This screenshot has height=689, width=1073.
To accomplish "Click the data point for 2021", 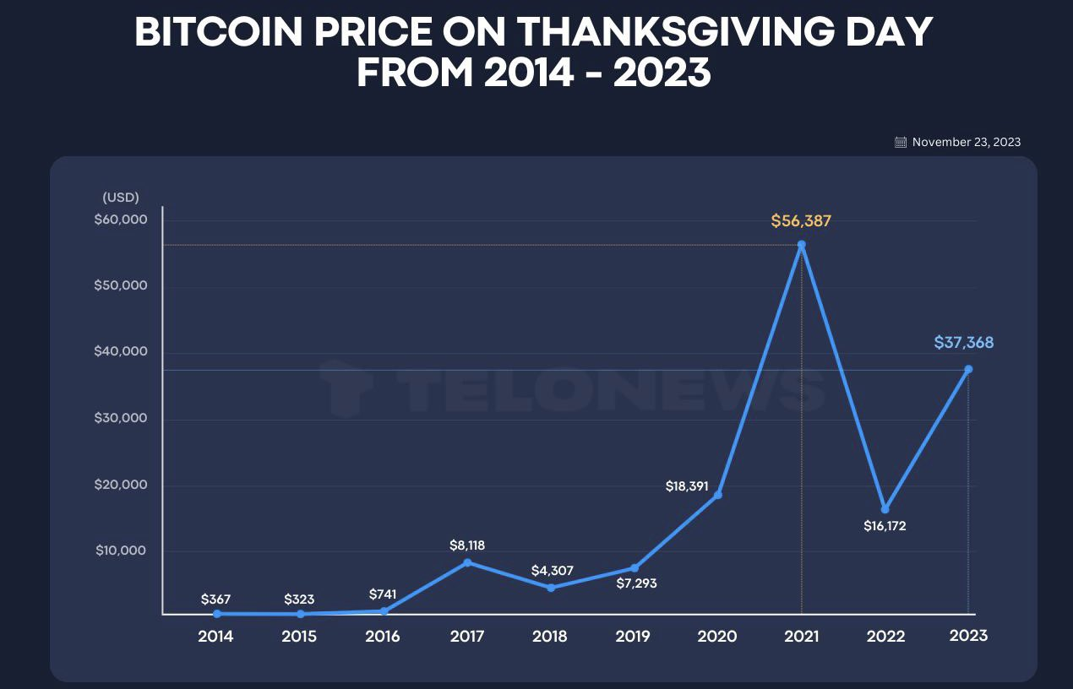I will [x=801, y=245].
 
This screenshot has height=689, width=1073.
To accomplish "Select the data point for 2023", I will [x=968, y=369].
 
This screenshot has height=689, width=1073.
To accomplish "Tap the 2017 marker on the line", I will [x=467, y=562].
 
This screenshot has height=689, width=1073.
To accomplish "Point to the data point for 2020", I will [x=718, y=495].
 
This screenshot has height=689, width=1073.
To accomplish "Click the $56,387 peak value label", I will [x=801, y=221].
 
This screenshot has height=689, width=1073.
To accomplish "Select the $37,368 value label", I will [x=963, y=343].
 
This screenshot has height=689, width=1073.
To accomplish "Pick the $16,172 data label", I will [x=885, y=526].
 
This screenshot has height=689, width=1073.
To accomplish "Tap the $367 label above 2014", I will [x=216, y=599].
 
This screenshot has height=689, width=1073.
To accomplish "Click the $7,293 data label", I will [x=635, y=583].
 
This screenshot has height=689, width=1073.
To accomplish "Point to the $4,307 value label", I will [x=552, y=571].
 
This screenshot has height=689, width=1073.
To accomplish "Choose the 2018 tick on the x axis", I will [x=550, y=637].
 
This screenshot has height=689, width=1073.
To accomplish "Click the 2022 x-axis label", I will [x=885, y=637].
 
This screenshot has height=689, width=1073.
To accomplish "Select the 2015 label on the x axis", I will [x=299, y=637].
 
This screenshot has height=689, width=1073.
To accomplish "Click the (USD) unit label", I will [x=121, y=198].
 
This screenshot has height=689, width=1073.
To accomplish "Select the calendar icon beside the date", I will [x=901, y=143].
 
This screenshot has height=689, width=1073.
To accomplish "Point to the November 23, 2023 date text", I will [x=966, y=143].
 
